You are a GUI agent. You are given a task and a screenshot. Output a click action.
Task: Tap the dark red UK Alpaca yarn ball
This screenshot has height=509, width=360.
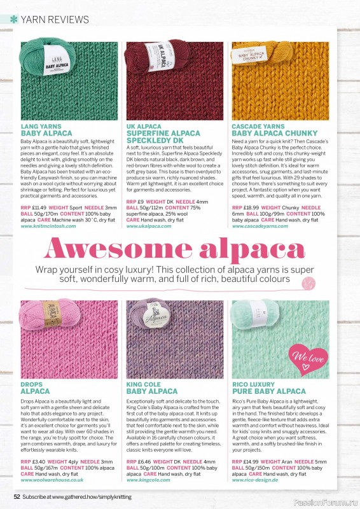148,60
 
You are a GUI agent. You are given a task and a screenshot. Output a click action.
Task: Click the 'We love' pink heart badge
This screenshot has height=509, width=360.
308,357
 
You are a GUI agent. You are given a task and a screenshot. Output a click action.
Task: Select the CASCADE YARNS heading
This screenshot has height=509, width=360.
258,127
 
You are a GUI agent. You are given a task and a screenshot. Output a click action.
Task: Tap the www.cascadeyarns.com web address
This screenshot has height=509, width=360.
260,226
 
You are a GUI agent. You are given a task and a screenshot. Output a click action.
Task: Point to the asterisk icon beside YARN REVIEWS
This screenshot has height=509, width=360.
13,20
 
